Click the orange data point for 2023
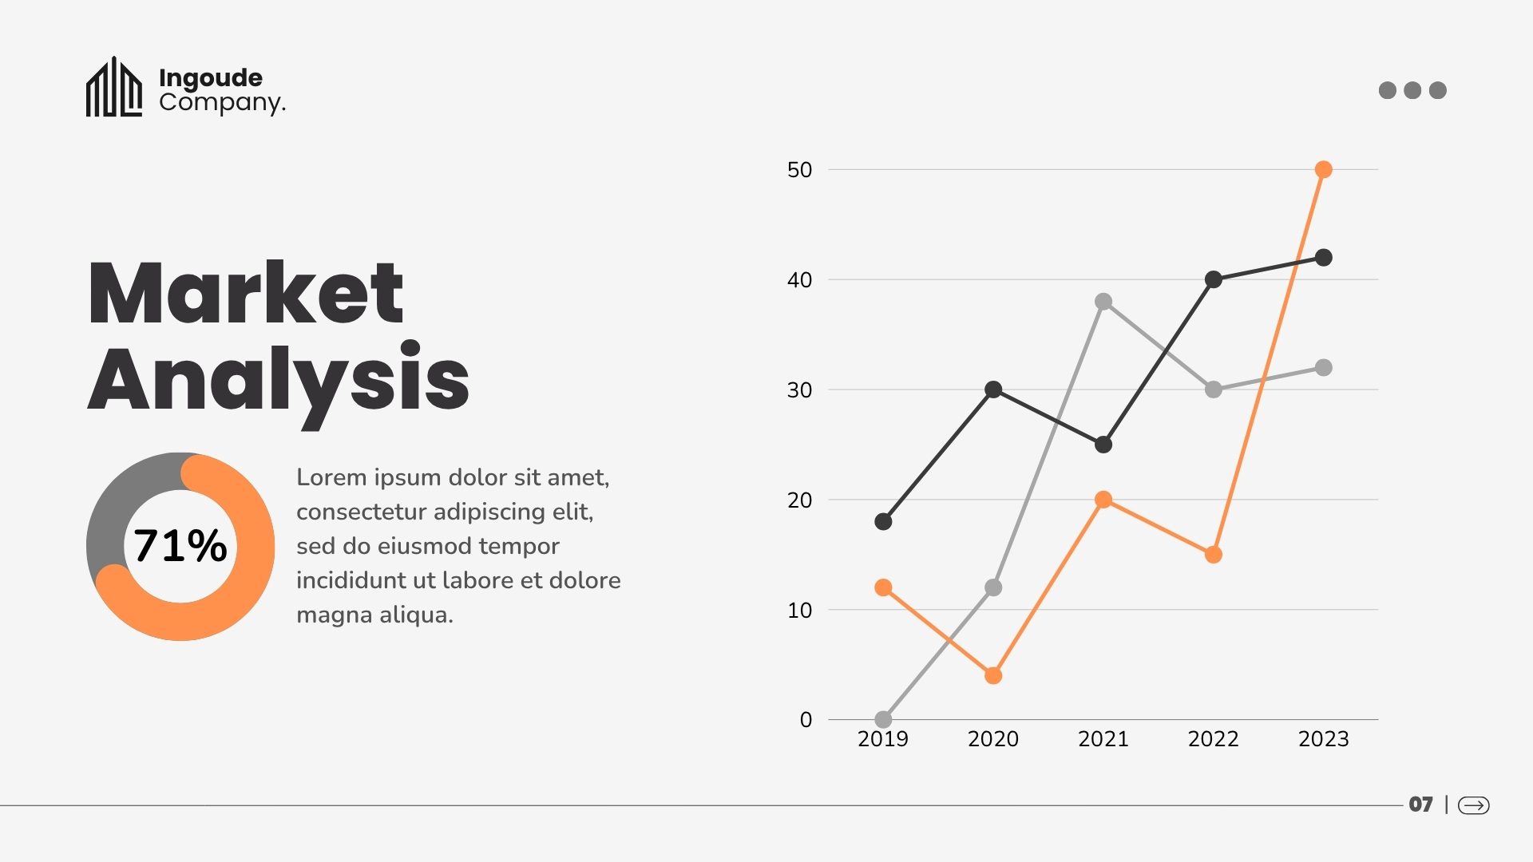pos(1323,169)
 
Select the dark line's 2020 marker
pos(993,389)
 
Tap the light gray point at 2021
pos(1103,302)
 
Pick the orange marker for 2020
pos(993,676)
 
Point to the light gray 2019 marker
pos(883,719)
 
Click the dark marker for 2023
pos(1323,257)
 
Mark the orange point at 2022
pos(1213,555)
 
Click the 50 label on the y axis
pos(799,170)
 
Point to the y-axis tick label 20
pos(799,500)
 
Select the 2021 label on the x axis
pos(1103,739)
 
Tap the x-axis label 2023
pos(1323,739)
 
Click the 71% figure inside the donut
pos(180,546)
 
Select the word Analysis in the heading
pos(278,380)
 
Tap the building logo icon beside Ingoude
pos(114,88)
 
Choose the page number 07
pos(1420,805)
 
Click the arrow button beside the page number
pos(1473,805)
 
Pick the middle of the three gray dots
pos(1412,90)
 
